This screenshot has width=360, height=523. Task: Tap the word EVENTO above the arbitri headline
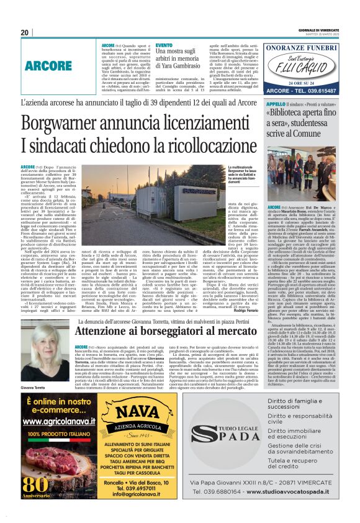164,45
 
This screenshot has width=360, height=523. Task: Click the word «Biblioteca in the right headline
290,114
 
